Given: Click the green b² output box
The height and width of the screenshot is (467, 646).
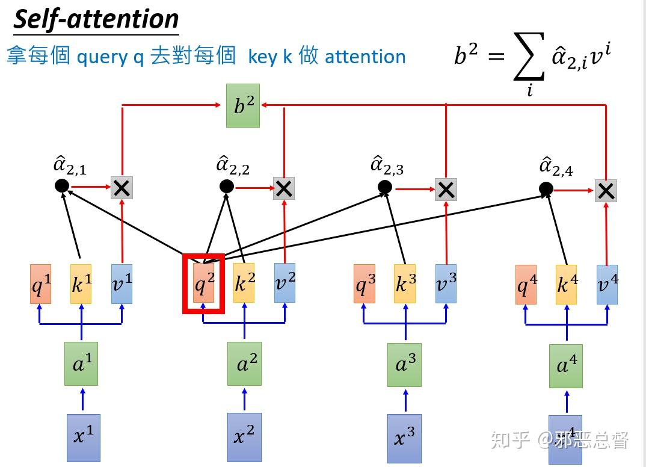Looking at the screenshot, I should (243, 105).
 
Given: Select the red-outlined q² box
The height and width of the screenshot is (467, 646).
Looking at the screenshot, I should (203, 283).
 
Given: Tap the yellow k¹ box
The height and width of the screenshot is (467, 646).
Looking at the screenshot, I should (81, 284).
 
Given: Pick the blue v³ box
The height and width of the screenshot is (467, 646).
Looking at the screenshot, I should (446, 283).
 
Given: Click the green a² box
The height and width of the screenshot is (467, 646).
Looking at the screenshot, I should (244, 363).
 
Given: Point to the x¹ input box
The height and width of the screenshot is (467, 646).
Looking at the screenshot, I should (83, 437).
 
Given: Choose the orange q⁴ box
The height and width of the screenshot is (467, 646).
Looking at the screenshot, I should (526, 285).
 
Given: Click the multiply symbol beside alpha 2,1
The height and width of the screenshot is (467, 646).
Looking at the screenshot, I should (122, 188).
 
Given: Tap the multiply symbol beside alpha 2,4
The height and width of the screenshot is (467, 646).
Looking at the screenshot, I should (606, 191).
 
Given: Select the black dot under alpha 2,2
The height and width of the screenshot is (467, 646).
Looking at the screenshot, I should (226, 187).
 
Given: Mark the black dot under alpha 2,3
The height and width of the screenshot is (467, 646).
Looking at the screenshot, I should (385, 188).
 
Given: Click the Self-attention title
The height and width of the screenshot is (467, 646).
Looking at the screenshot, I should (96, 19).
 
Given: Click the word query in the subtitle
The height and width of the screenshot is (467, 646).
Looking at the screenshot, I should (102, 57).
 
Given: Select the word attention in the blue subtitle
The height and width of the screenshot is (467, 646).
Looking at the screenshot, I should (365, 57).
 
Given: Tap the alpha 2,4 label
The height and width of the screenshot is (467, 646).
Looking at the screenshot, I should (555, 167).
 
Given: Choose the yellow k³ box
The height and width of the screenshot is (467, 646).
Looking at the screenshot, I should (405, 283).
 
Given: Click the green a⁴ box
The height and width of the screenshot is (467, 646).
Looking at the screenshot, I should (565, 365).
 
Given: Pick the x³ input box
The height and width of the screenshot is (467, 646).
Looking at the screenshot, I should (404, 438).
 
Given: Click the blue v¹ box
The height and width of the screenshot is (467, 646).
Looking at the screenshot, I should (122, 283).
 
